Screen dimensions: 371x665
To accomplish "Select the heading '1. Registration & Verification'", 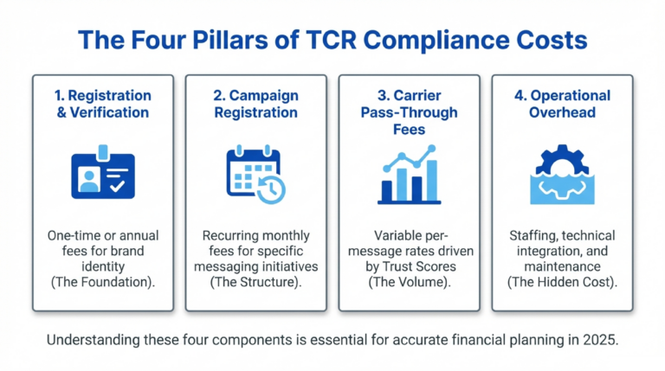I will click(x=103, y=104).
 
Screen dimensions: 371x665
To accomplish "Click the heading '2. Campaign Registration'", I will click(x=256, y=104).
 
